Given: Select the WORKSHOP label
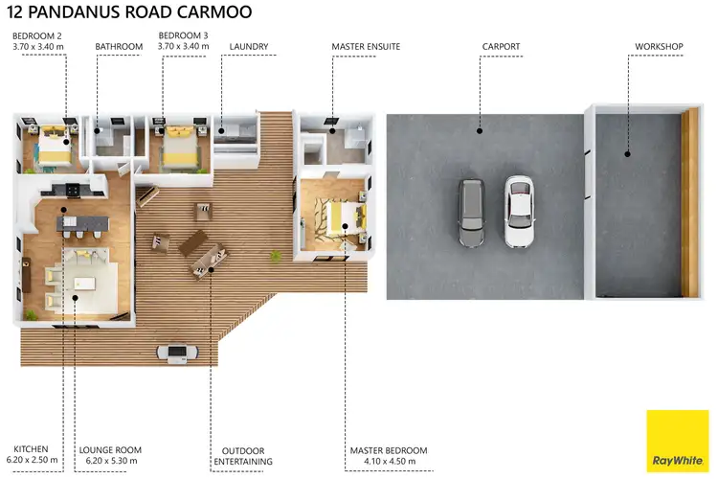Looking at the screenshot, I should coord(658,45).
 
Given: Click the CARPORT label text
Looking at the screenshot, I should coord(502,45).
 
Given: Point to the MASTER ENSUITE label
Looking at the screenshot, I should coord(366,45).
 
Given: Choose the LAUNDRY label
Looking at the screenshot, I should coord(249,45).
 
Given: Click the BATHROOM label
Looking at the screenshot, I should coord(119,45).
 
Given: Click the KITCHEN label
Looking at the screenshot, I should coord(31,449).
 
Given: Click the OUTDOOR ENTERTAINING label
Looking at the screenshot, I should coord(242,455).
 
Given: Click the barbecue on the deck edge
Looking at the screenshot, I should coord(180,354).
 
